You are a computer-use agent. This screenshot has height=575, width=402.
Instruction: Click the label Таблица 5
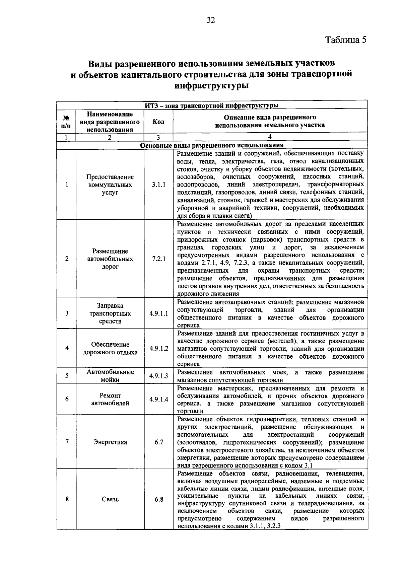click(346, 40)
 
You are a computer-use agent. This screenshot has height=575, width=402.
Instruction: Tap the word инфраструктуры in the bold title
click(211, 85)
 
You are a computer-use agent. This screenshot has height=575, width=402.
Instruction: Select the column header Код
click(158, 122)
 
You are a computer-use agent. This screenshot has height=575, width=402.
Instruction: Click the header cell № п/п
click(66, 122)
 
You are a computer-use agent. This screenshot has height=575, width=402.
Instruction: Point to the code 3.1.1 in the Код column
click(158, 185)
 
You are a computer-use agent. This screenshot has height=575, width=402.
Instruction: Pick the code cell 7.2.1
click(158, 259)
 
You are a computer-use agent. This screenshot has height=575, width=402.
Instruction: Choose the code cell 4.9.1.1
click(158, 313)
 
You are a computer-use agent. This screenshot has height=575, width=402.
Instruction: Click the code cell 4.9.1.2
click(158, 348)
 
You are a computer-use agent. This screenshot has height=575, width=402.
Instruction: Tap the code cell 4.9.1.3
click(158, 376)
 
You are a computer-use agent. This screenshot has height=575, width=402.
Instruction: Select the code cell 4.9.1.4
click(158, 399)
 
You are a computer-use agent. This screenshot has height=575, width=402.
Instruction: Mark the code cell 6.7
click(158, 442)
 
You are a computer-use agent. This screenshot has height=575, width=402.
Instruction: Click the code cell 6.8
click(158, 499)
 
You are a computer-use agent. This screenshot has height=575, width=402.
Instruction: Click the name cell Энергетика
click(110, 442)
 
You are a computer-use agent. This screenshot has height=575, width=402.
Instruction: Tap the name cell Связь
click(110, 499)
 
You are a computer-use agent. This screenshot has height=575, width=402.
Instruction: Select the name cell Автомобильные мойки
click(110, 376)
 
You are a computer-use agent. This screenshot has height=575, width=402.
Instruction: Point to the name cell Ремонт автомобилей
click(110, 399)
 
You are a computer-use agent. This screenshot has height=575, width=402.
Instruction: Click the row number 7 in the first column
click(67, 442)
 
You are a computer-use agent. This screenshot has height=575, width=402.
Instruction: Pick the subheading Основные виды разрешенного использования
click(211, 145)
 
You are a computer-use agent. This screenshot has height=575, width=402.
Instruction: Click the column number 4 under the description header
click(270, 137)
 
